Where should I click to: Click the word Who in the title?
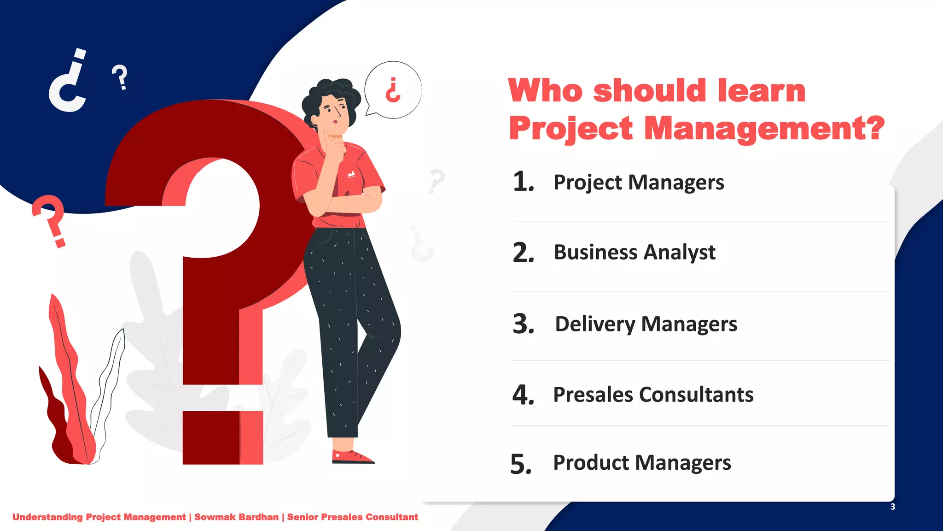point(546,90)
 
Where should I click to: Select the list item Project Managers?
point(639,183)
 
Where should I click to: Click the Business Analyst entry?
point(634,253)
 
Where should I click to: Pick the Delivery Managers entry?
point(646,324)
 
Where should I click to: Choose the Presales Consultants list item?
point(653,395)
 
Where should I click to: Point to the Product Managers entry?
point(642,463)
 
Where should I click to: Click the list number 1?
point(523,182)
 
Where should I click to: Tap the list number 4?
point(523,395)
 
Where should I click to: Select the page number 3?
point(892,507)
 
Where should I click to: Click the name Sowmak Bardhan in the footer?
point(236,517)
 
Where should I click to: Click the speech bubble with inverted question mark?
point(393,90)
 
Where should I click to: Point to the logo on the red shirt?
point(351,174)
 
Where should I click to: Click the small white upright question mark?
point(120,77)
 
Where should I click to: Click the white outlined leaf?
point(108,387)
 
